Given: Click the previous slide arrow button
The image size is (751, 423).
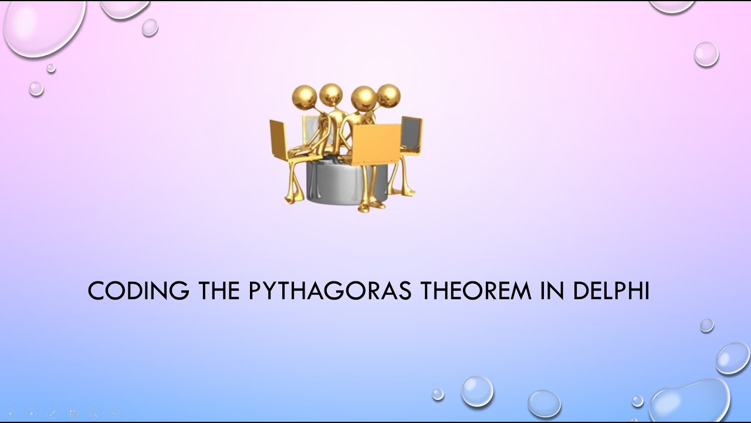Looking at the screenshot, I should tap(10, 414).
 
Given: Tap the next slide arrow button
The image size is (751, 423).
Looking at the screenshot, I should tap(31, 414).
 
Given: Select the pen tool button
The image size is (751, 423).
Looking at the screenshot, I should tap(52, 414).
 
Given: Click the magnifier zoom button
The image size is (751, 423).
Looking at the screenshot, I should tap(94, 414).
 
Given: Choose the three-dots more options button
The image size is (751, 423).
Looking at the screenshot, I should tap(115, 414).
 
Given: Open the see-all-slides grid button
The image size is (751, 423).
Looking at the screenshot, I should tap(73, 414).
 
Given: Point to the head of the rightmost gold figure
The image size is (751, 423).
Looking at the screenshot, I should tap(388, 96).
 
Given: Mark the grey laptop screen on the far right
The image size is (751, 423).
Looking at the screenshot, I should tap(411, 132).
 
